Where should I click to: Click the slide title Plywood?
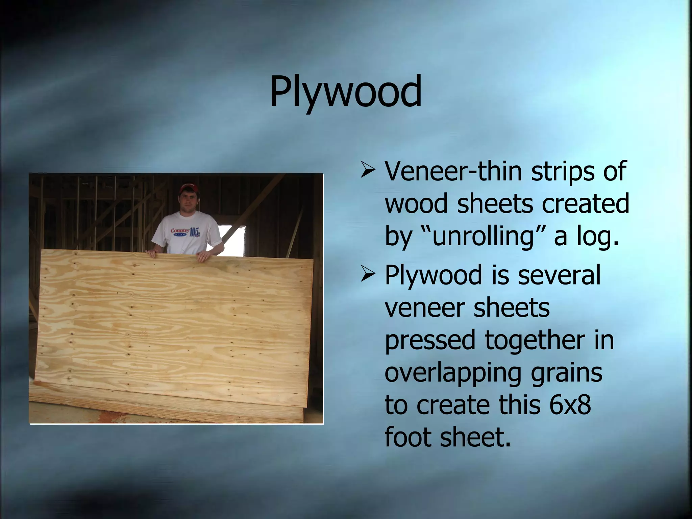345,91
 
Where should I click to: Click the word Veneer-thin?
454,171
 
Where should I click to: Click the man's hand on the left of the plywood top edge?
152,253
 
